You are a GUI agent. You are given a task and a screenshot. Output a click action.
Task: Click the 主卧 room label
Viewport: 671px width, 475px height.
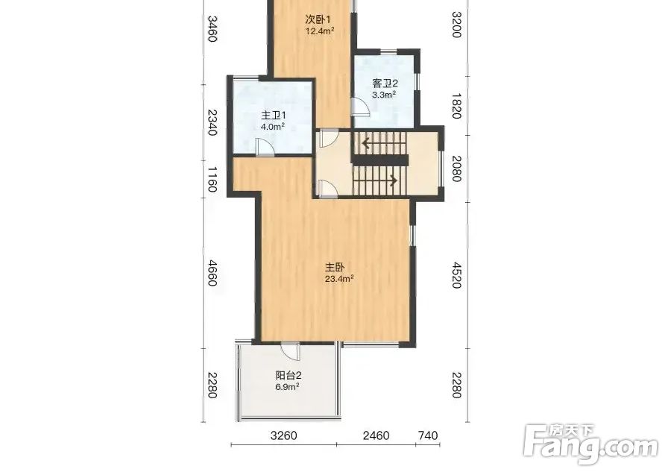335,268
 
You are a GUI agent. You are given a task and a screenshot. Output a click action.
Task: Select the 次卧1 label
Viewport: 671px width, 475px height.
318,19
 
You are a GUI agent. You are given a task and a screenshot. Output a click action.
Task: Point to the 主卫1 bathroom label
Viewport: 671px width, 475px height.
274,116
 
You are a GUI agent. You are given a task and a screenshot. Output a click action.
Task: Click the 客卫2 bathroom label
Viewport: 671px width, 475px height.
385,84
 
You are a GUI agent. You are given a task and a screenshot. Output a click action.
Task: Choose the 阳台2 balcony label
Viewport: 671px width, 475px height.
289,376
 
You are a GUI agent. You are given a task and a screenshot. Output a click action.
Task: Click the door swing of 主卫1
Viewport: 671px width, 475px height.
265,147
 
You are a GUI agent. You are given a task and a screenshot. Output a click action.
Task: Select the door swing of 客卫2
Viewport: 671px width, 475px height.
359,107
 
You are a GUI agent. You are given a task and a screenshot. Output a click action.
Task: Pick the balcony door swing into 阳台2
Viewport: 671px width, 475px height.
290,352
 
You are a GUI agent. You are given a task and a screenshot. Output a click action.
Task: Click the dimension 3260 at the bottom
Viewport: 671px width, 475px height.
284,435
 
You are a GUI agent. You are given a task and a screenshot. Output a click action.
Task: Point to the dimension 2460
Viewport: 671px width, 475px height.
377,435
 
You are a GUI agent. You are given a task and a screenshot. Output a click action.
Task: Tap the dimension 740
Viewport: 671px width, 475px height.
428,435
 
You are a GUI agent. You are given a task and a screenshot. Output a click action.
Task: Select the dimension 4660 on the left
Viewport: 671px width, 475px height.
212,273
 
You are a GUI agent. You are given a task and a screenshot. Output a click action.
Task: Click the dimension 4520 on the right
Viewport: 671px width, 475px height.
456,274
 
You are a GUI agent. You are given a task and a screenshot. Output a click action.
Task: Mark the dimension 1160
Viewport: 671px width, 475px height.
212,179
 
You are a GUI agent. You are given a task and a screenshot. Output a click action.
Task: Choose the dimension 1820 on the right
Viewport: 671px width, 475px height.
456,106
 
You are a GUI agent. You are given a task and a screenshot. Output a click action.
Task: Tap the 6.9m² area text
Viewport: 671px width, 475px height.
287,387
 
